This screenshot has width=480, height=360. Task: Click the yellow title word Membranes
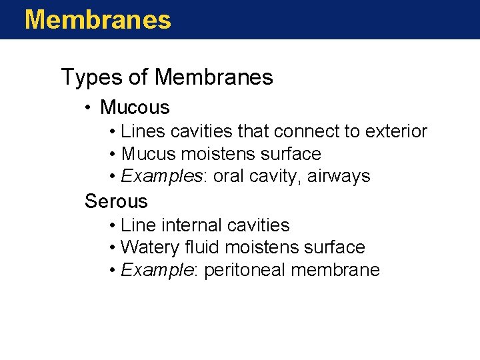click(x=97, y=19)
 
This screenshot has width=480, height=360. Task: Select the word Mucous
click(x=135, y=107)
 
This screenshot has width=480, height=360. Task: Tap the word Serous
click(x=116, y=201)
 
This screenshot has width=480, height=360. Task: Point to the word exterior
click(x=396, y=131)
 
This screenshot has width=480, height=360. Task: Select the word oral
click(x=227, y=177)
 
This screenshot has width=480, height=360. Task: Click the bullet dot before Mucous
click(x=89, y=107)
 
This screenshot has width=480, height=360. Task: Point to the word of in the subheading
click(x=137, y=78)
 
